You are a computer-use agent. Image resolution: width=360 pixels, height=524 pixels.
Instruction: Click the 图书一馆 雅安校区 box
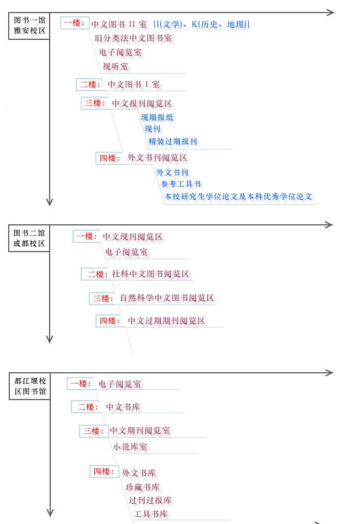pyautogui.click(x=29, y=26)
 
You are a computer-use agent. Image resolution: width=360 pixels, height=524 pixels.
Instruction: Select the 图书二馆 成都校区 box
pyautogui.click(x=29, y=238)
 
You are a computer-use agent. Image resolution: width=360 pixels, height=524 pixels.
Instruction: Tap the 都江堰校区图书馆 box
pyautogui.click(x=29, y=386)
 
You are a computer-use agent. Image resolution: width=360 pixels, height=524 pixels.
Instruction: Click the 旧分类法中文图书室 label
pyautogui.click(x=133, y=38)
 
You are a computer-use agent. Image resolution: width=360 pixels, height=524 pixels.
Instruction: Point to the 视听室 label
pyautogui.click(x=115, y=66)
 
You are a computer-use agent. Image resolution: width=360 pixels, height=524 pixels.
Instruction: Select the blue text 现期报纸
pyautogui.click(x=157, y=117)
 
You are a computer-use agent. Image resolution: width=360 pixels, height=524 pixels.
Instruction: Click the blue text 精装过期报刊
pyautogui.click(x=173, y=141)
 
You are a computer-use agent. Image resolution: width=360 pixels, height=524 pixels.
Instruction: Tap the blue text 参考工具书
pyautogui.click(x=181, y=184)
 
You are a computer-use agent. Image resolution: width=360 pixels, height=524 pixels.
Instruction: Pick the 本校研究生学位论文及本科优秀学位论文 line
pyautogui.click(x=238, y=196)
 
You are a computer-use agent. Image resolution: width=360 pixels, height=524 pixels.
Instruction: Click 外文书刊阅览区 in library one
pyautogui.click(x=157, y=157)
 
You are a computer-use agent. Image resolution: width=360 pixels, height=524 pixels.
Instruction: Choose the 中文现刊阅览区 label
pyautogui.click(x=133, y=236)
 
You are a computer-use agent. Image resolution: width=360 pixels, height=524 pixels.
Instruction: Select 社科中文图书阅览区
pyautogui.click(x=151, y=274)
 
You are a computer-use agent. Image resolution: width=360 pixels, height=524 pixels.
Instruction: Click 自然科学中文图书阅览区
pyautogui.click(x=167, y=298)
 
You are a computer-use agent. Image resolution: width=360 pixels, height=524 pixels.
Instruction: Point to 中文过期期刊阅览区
pyautogui.click(x=166, y=321)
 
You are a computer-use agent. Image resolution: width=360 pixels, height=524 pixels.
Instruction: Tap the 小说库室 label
pyautogui.click(x=130, y=447)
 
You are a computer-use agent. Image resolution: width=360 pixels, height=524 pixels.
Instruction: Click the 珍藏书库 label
pyautogui.click(x=142, y=487)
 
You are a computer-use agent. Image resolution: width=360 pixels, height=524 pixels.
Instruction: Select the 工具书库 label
pyautogui.click(x=151, y=514)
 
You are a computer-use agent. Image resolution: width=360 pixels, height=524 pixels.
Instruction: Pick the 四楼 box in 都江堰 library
pyautogui.click(x=104, y=472)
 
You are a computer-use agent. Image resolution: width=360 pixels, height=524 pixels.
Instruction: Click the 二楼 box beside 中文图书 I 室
pyautogui.click(x=89, y=84)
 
